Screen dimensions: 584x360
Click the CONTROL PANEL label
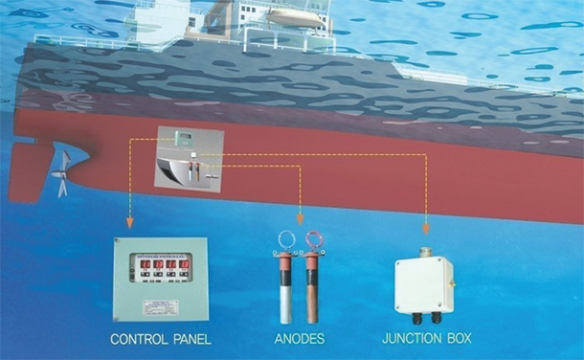pos(161,339)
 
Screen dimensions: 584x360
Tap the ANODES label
pos(298,339)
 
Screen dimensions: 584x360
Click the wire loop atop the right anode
pos(313,238)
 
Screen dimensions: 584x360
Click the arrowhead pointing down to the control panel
pos(129,226)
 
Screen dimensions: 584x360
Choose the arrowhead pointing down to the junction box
pos(425,230)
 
